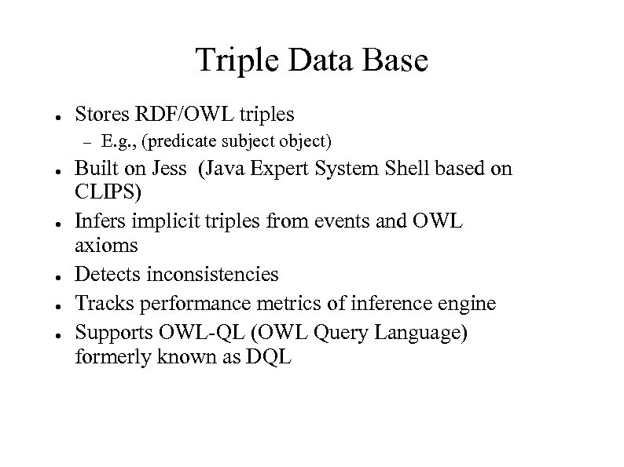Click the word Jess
[x=170, y=170]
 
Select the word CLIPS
[x=107, y=192]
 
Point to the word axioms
[x=106, y=246]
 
